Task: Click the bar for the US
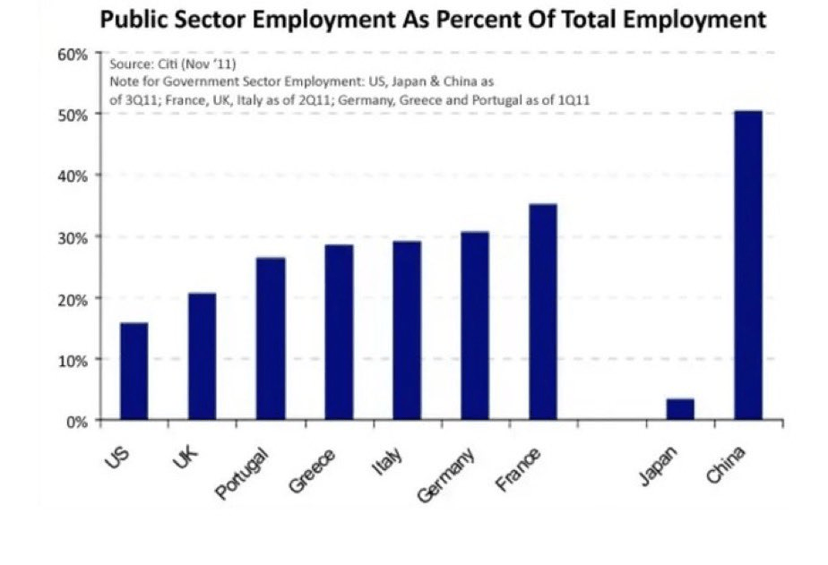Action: (134, 371)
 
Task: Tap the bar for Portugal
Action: (271, 338)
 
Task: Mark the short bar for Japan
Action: (680, 409)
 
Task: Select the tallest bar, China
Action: (748, 265)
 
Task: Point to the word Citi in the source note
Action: (151, 65)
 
